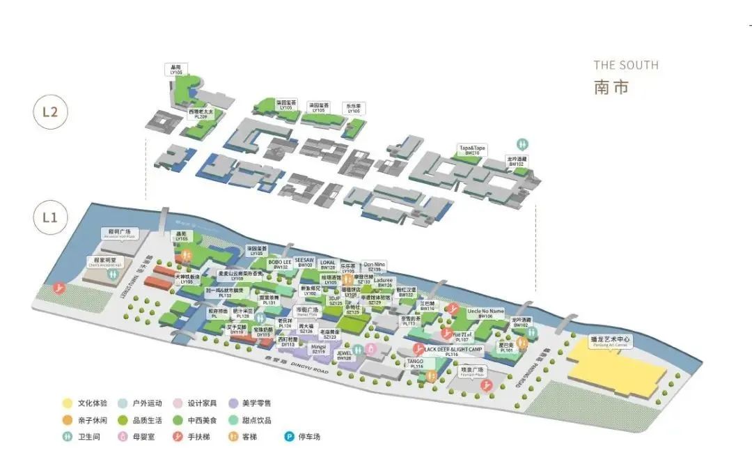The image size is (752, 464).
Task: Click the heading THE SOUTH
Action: click(625, 65)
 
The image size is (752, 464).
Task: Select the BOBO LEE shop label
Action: click(280, 264)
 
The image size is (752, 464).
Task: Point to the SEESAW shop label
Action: click(304, 262)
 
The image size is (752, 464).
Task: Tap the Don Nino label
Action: click(375, 266)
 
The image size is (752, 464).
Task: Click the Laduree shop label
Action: click(384, 282)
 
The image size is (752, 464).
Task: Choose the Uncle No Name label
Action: click(485, 313)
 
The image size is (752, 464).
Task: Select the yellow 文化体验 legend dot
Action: click(67, 403)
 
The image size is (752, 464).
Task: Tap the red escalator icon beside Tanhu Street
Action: click(62, 286)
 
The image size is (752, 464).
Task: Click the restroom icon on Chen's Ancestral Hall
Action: click(113, 274)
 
